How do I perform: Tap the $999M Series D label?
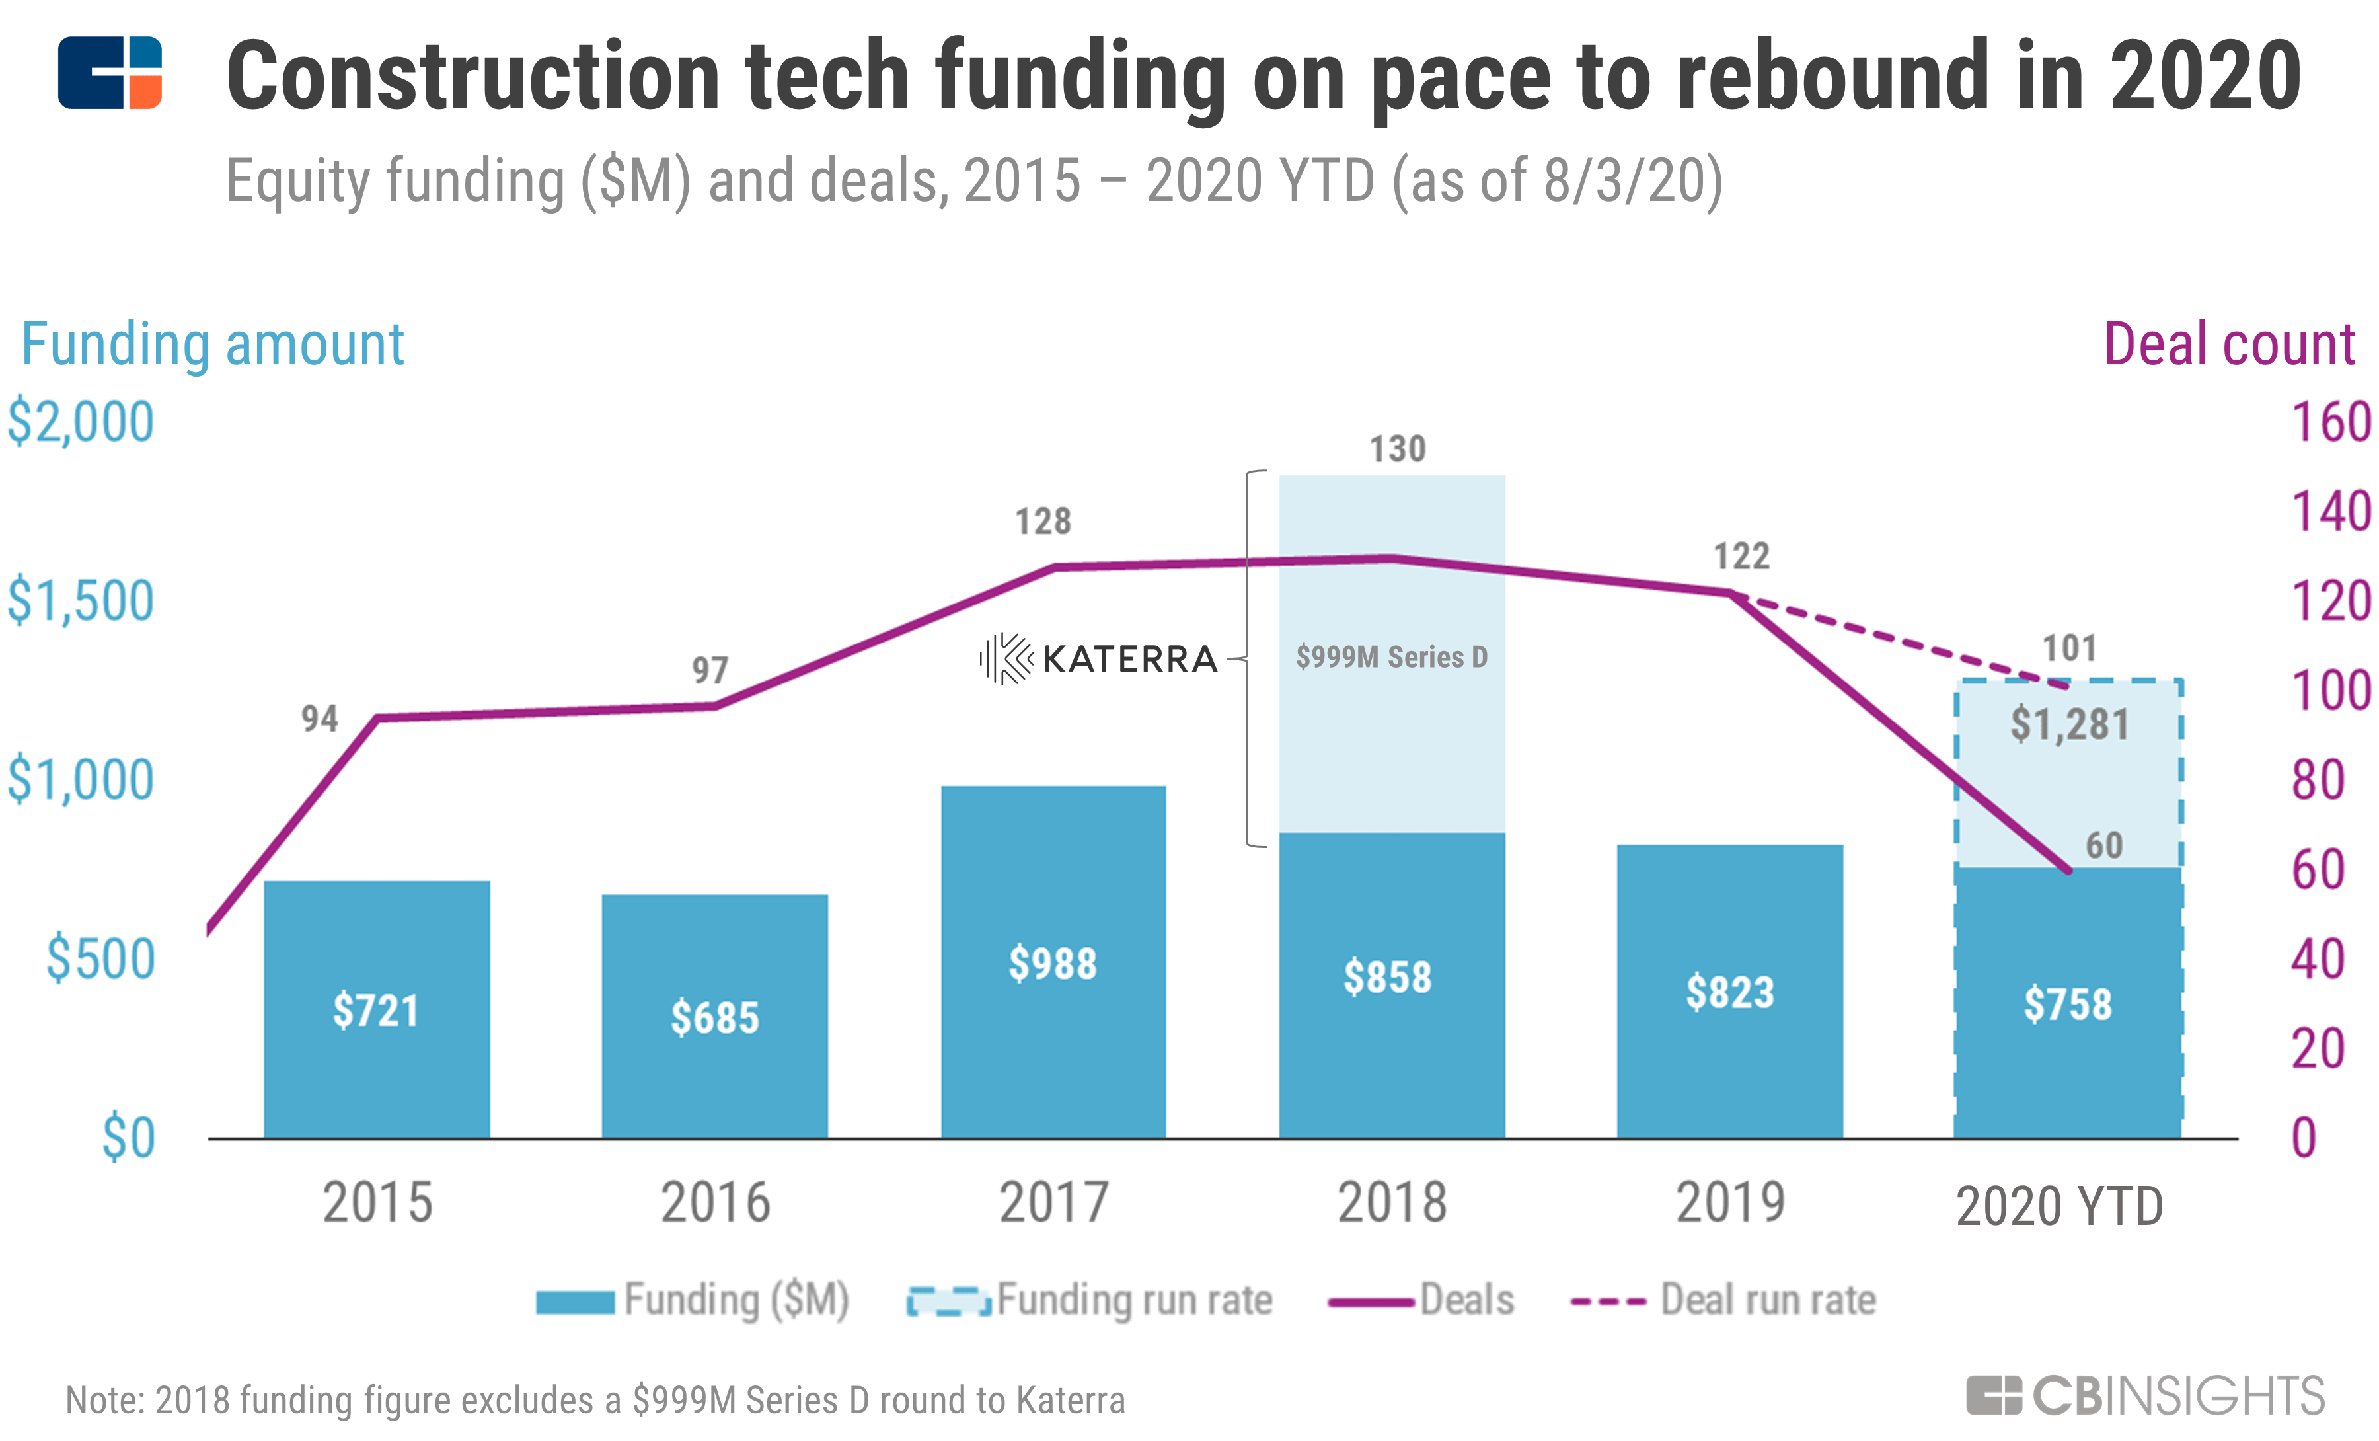pyautogui.click(x=1391, y=658)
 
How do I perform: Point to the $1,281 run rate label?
pyautogui.click(x=2069, y=724)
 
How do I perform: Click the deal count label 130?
pyautogui.click(x=1397, y=449)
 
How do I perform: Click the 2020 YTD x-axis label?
pyautogui.click(x=2058, y=1206)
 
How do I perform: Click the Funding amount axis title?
pyautogui.click(x=212, y=345)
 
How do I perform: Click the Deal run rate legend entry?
pyautogui.click(x=1723, y=1300)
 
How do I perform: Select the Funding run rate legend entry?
pyautogui.click(x=1091, y=1300)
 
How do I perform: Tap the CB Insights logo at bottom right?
pyautogui.click(x=2145, y=1395)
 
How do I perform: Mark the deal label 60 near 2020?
pyautogui.click(x=2104, y=846)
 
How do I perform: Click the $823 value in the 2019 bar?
pyautogui.click(x=1729, y=992)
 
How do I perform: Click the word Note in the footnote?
pyautogui.click(x=101, y=1401)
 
